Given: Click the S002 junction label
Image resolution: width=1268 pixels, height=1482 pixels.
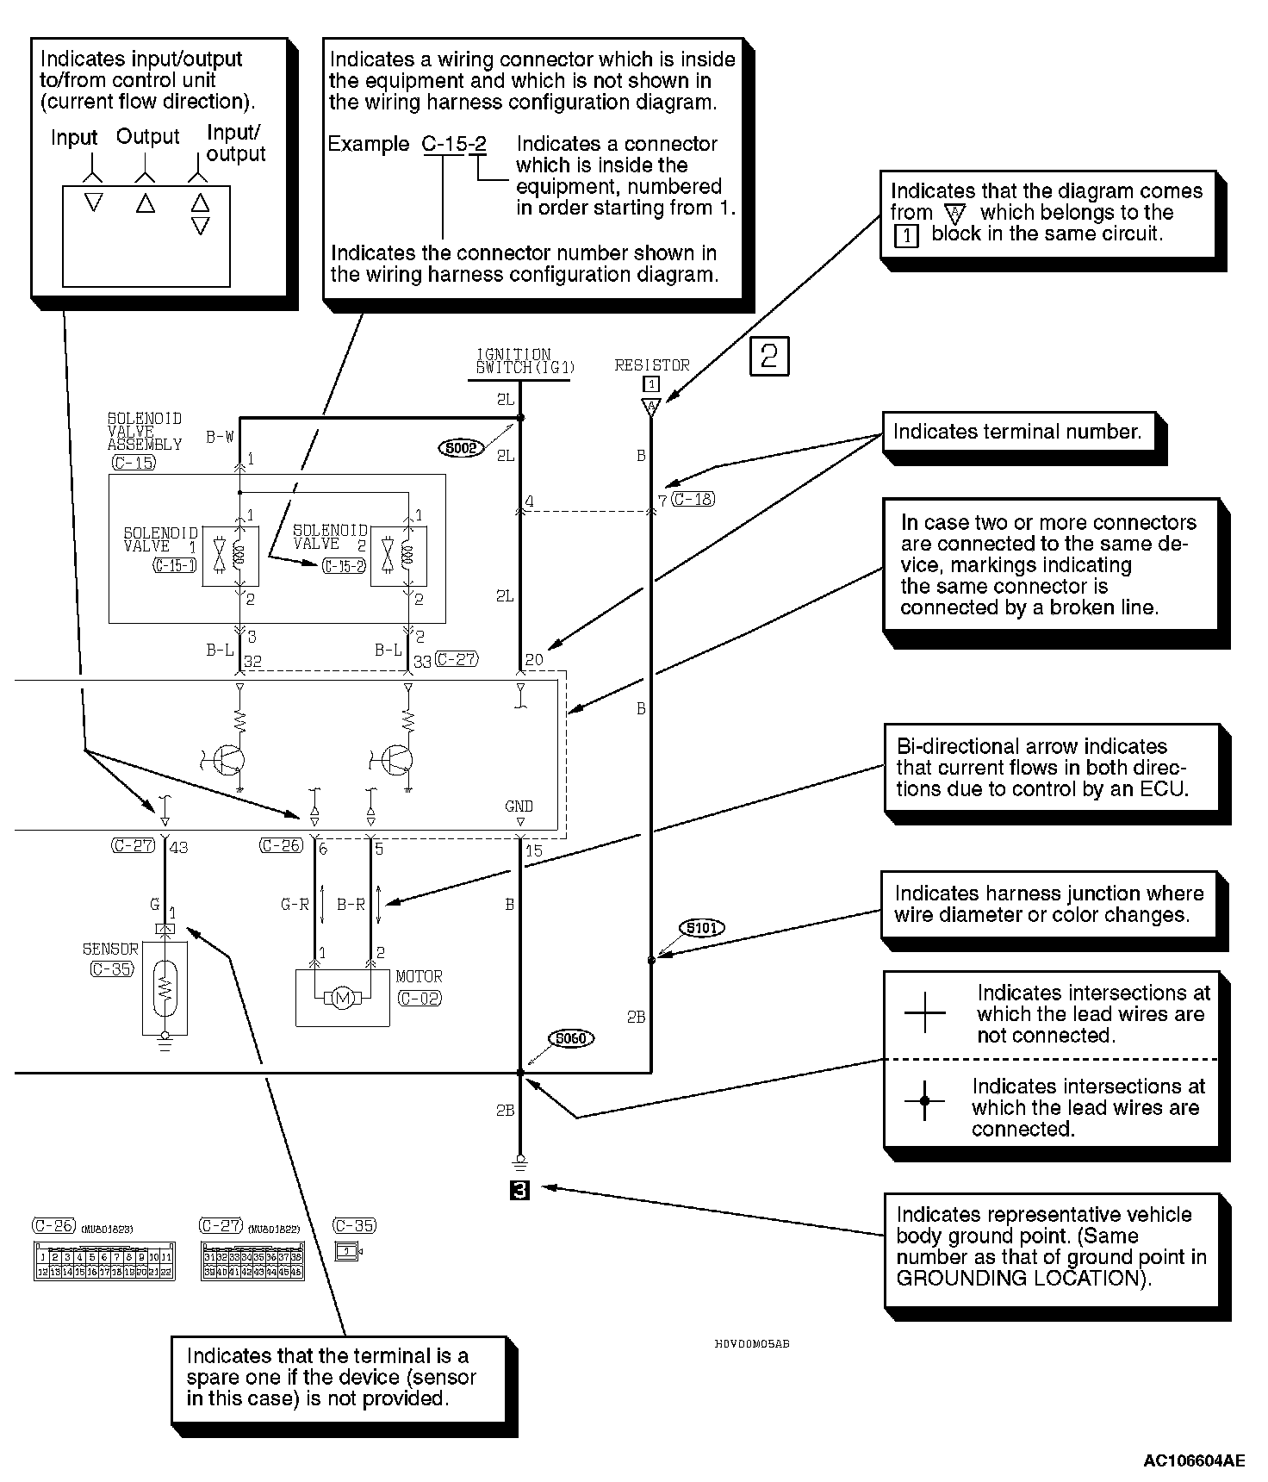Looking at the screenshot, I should click(x=462, y=448).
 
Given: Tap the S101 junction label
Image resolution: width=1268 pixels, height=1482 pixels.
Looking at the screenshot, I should click(x=702, y=928).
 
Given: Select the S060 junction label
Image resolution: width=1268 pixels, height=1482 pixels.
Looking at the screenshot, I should click(x=570, y=1039).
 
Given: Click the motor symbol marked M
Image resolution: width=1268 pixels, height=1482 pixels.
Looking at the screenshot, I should click(x=343, y=999).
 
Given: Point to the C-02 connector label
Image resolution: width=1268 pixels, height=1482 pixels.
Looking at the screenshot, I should click(x=420, y=999).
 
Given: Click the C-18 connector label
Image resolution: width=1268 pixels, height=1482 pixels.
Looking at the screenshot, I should click(x=693, y=499).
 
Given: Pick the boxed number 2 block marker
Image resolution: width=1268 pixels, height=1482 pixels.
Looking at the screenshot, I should click(x=769, y=356).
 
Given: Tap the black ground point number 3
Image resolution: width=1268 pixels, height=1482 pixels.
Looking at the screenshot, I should click(x=519, y=1191).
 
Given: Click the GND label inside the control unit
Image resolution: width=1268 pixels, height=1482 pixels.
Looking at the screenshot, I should click(x=519, y=806).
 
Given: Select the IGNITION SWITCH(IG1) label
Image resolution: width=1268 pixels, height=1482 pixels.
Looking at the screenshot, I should click(x=525, y=361).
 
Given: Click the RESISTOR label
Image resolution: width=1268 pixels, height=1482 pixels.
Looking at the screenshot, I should click(x=652, y=365).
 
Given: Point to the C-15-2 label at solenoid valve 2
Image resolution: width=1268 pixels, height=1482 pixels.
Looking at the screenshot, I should click(x=344, y=566).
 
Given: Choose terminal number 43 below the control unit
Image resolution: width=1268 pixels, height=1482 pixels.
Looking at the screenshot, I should click(x=178, y=848).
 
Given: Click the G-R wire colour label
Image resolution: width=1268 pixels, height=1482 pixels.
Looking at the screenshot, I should click(x=295, y=905).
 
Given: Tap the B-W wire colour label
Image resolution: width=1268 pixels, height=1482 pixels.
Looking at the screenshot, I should click(x=220, y=438).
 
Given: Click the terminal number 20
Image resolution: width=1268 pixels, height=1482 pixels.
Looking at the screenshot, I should click(x=534, y=660).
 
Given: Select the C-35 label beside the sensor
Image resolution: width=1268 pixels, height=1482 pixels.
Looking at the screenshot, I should click(x=111, y=969).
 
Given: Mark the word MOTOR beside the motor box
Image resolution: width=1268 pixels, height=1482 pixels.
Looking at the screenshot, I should click(x=420, y=977).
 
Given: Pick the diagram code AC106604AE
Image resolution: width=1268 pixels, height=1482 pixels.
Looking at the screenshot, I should click(x=1194, y=1460).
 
